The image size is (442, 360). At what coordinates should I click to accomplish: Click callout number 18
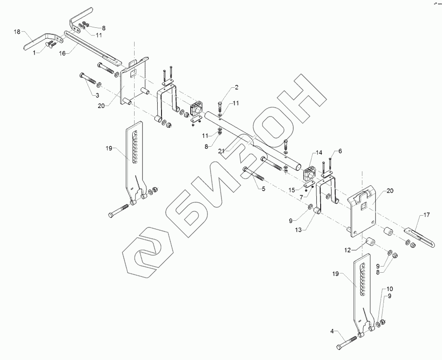[x=17, y=32]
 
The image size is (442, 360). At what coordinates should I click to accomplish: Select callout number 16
[x=61, y=54]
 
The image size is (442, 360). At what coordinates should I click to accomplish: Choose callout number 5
[x=263, y=188]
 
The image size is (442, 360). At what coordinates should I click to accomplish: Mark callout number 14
[x=319, y=153]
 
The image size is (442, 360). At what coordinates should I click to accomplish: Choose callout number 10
[x=390, y=288]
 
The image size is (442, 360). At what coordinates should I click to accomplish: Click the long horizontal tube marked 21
[x=255, y=142]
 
